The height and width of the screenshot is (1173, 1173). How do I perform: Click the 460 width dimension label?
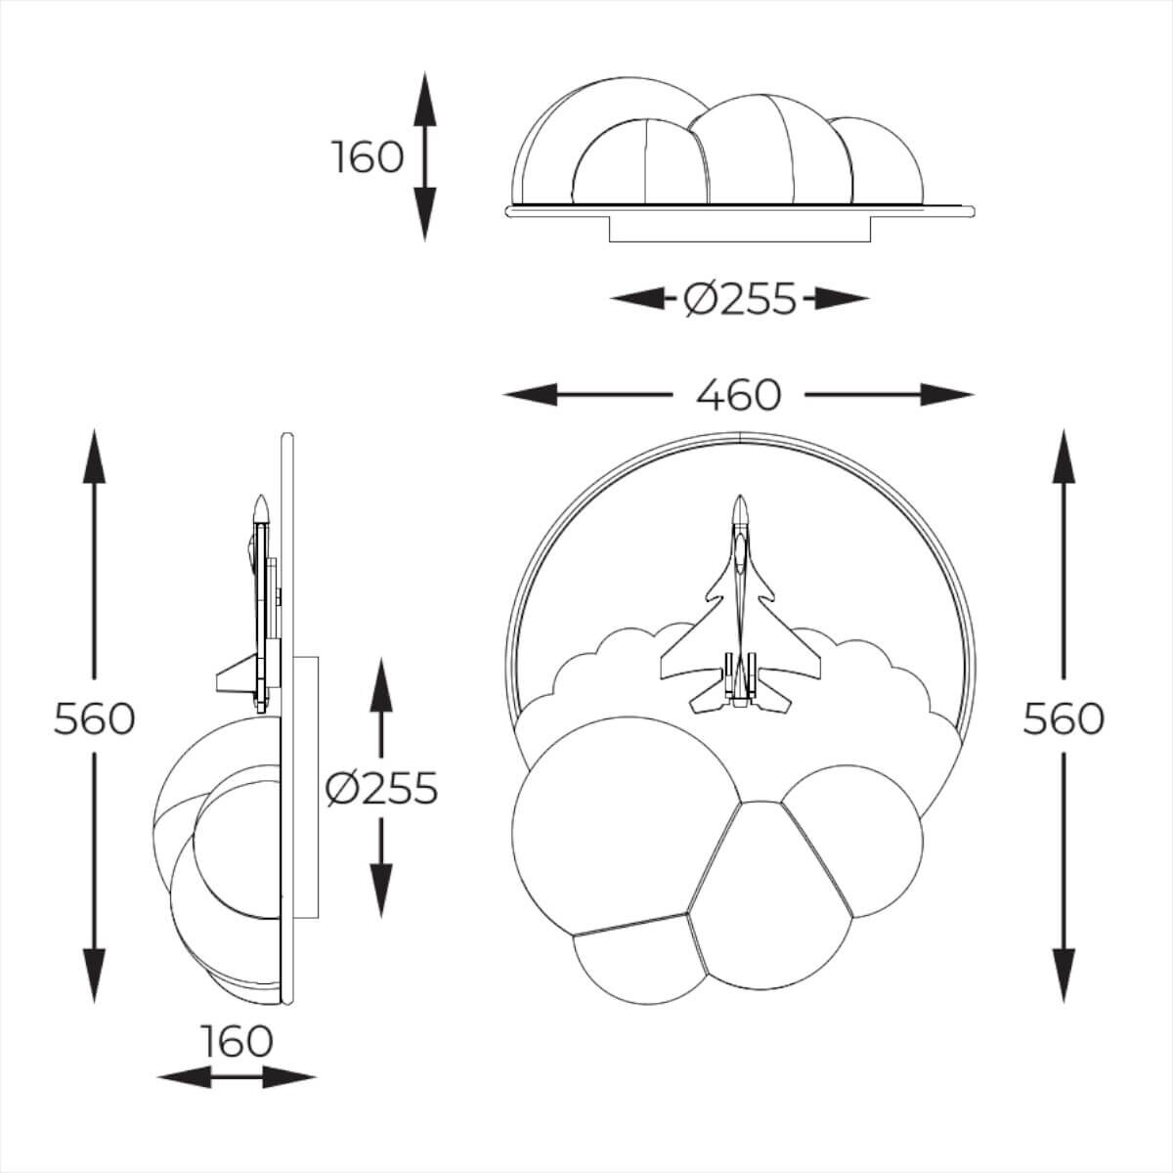click(739, 395)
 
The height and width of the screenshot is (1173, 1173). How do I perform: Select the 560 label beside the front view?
click(1064, 718)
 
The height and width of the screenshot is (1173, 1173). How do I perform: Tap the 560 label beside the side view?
click(94, 718)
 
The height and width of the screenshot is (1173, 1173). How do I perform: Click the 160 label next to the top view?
click(368, 156)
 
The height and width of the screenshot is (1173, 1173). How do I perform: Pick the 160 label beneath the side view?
click(237, 1041)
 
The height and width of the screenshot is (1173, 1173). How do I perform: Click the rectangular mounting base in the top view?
click(740, 230)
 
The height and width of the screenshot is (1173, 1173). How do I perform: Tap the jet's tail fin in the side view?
click(235, 676)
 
